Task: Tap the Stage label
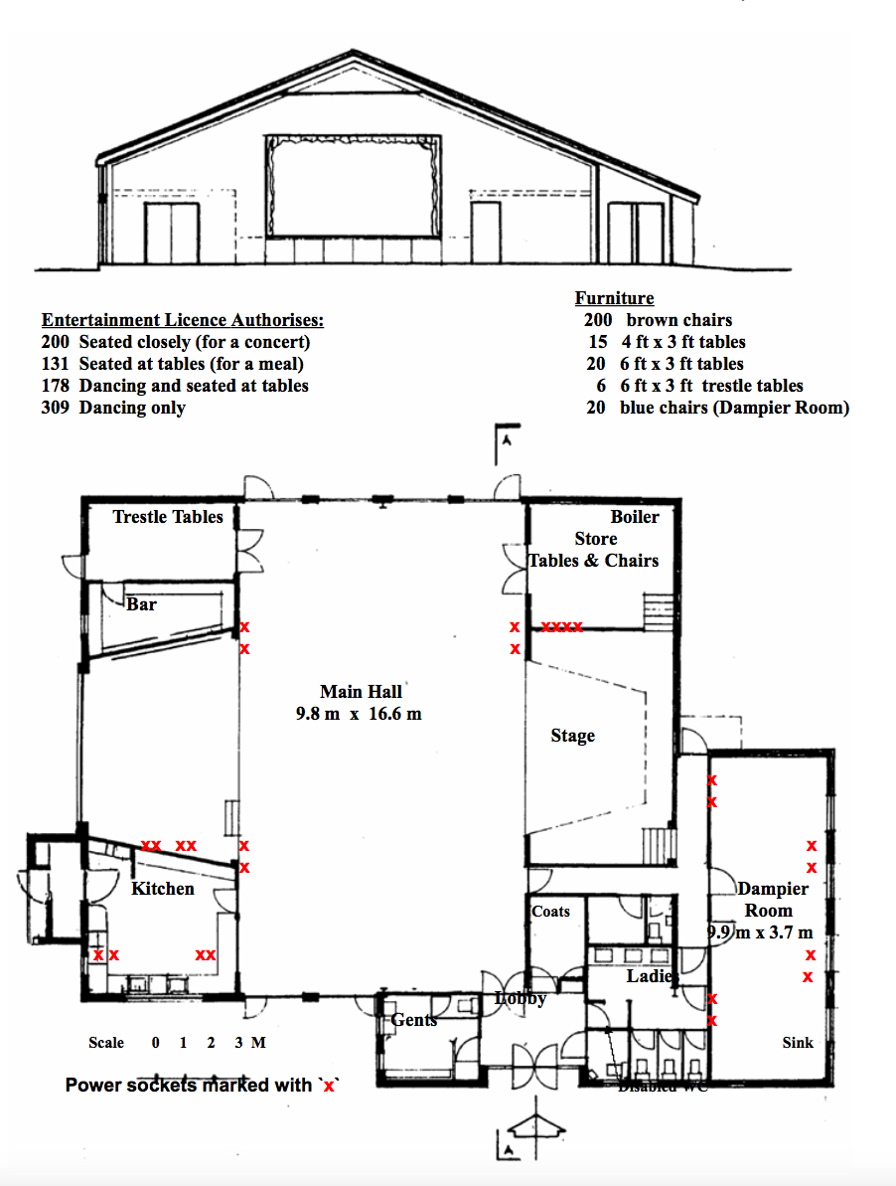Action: (573, 736)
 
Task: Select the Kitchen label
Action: (163, 888)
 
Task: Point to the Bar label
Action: (142, 603)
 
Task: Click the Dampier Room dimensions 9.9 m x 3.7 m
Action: (761, 932)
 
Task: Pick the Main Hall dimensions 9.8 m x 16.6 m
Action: (359, 714)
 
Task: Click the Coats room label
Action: (551, 911)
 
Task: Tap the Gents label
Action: (414, 1020)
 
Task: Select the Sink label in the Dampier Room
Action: (797, 1043)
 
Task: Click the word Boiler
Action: (634, 517)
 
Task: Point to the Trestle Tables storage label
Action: (168, 517)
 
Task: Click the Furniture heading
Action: (614, 298)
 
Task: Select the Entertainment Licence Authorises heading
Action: (183, 320)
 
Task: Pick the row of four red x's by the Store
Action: (562, 627)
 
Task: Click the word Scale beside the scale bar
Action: (106, 1043)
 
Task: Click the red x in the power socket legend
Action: (329, 1086)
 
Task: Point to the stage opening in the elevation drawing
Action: (353, 186)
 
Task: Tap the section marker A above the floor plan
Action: (506, 443)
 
